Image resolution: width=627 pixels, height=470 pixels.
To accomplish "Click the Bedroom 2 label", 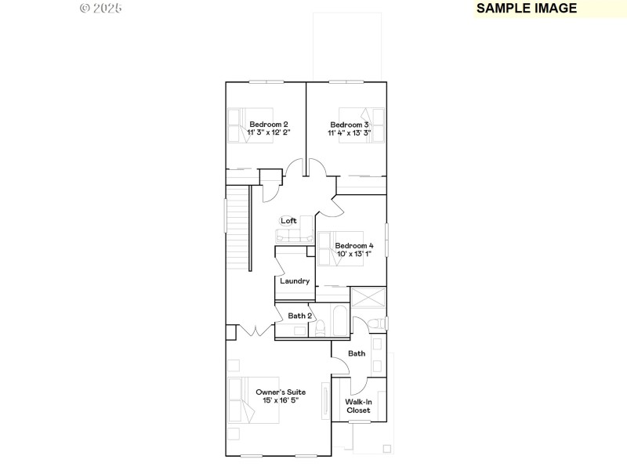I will (x=269, y=125).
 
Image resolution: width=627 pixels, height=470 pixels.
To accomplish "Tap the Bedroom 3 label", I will (x=350, y=125).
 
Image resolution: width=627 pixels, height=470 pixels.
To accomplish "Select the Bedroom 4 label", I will (x=354, y=245).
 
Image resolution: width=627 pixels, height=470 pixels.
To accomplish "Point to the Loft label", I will (x=288, y=221).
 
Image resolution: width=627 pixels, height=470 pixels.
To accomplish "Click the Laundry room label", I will (x=295, y=280).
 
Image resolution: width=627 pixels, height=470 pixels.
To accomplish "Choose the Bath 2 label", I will (x=300, y=316).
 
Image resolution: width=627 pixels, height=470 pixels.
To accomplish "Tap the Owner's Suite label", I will (x=281, y=392).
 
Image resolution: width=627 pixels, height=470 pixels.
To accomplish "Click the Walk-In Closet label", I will (x=358, y=406).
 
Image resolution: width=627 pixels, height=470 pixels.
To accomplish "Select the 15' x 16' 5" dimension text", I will (x=281, y=400).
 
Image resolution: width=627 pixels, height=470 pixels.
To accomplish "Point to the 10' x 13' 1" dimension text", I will (x=354, y=254).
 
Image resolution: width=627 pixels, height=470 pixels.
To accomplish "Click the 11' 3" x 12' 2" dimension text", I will (x=269, y=133).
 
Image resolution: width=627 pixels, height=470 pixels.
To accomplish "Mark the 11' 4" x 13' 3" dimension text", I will (x=350, y=133).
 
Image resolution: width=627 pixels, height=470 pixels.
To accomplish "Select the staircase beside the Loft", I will (x=237, y=227).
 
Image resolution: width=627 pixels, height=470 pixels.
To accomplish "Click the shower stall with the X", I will (x=368, y=298).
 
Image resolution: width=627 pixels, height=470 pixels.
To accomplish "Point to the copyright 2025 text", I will (x=101, y=9).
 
